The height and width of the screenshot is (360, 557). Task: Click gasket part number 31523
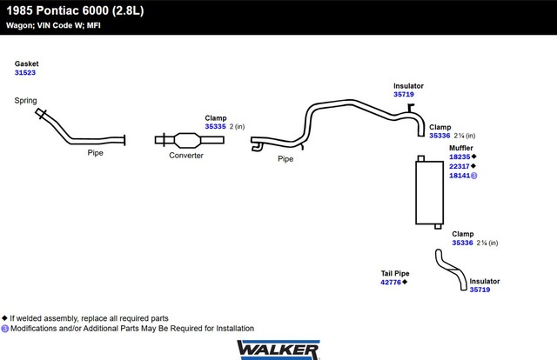(25, 73)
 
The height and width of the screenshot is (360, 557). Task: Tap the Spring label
(25, 101)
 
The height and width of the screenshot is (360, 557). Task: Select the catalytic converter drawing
(190, 140)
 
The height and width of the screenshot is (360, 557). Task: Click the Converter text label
(186, 156)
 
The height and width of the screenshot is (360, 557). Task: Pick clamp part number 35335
(215, 127)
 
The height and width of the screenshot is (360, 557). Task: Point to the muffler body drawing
(429, 192)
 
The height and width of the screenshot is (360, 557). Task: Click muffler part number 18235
(460, 157)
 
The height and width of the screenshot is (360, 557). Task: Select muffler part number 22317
(460, 166)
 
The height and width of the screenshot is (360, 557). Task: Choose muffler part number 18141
(460, 176)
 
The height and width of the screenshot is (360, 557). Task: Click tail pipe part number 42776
(391, 283)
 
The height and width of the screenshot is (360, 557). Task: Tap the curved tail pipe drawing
(451, 269)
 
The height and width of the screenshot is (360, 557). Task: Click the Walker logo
(278, 350)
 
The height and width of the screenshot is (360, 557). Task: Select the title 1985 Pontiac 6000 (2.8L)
(75, 10)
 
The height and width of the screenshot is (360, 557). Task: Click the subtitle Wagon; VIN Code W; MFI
(53, 25)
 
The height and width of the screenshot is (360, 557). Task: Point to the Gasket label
(27, 63)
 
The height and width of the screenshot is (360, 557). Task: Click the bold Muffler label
(461, 148)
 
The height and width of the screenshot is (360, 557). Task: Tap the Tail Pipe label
(395, 273)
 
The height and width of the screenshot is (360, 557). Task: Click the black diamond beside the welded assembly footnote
(4, 317)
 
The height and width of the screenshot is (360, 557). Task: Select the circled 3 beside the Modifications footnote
(5, 329)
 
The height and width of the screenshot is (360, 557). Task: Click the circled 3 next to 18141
(473, 176)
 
